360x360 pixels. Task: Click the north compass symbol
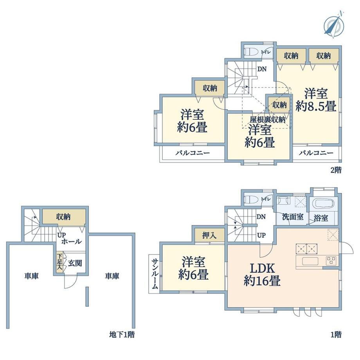click(x=334, y=25)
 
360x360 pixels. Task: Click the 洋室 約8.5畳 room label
click(x=316, y=100)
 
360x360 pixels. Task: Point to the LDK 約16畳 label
click(x=262, y=274)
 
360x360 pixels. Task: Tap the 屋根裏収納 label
click(x=268, y=120)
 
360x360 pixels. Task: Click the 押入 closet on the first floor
click(x=209, y=235)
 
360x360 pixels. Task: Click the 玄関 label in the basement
click(x=75, y=263)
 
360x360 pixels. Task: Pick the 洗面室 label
click(x=293, y=217)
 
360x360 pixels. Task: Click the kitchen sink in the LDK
click(x=310, y=261)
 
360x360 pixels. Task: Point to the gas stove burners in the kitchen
click(x=331, y=261)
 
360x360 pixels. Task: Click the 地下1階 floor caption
click(x=122, y=335)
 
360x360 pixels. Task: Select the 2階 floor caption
click(x=336, y=170)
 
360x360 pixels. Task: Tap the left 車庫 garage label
click(x=31, y=276)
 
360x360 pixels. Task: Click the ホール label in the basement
click(x=71, y=241)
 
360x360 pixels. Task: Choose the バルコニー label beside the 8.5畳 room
click(x=316, y=153)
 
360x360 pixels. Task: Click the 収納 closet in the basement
click(x=64, y=217)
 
